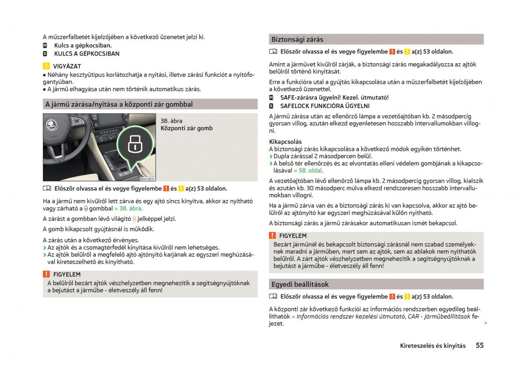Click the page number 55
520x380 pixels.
coord(479,345)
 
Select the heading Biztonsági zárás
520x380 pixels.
coord(297,39)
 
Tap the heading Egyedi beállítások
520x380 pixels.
coord(300,285)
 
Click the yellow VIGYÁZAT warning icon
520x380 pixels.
coord(46,66)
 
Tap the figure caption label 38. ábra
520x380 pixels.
coord(171,121)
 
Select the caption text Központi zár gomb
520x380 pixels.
coord(186,128)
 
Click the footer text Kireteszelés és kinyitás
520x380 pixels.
coord(433,346)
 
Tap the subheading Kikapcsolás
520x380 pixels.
coord(285,141)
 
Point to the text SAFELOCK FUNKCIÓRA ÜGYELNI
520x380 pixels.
coord(325,106)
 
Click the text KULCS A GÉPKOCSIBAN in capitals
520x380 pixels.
coord(87,54)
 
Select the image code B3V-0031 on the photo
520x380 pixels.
coord(147,179)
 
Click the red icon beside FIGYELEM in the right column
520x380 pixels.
coord(272,236)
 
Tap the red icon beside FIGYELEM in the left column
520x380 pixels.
coord(46,274)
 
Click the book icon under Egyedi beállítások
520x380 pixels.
coord(273,296)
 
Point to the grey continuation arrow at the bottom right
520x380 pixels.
coord(486,323)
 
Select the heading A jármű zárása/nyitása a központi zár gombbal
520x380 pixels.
coord(119,104)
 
